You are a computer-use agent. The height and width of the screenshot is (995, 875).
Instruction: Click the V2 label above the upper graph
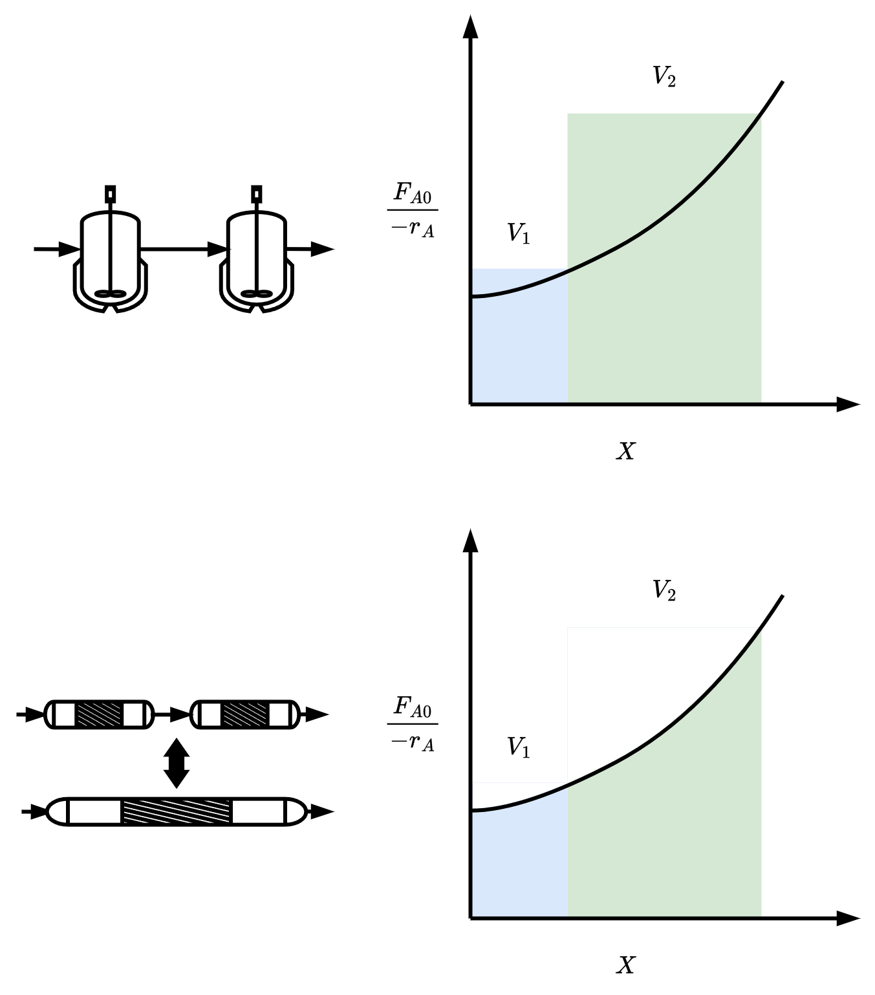click(664, 76)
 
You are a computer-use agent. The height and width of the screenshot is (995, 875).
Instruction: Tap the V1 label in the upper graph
click(518, 233)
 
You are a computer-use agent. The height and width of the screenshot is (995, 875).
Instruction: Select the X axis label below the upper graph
click(625, 451)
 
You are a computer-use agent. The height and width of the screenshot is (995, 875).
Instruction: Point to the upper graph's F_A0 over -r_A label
click(413, 210)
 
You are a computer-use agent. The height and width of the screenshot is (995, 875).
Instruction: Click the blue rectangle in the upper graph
click(519, 349)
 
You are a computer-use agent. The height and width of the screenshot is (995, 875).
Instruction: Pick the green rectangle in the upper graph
click(664, 323)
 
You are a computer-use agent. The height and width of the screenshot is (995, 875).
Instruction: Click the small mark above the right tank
click(257, 194)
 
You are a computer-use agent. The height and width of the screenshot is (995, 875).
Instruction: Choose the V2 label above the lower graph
click(664, 590)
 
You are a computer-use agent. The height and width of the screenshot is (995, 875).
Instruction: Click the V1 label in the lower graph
click(518, 747)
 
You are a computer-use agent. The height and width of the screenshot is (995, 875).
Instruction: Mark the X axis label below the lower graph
click(625, 965)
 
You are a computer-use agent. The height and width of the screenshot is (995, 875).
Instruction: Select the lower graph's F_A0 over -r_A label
click(413, 724)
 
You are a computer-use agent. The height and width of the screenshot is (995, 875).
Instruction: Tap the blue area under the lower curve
click(519, 866)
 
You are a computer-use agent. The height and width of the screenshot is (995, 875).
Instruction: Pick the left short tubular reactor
click(100, 714)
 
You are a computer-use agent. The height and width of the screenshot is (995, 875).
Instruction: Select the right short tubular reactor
click(245, 714)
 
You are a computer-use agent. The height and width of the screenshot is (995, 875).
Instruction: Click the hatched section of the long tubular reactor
click(177, 811)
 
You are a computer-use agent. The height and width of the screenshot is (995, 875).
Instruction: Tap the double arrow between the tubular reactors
click(177, 763)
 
